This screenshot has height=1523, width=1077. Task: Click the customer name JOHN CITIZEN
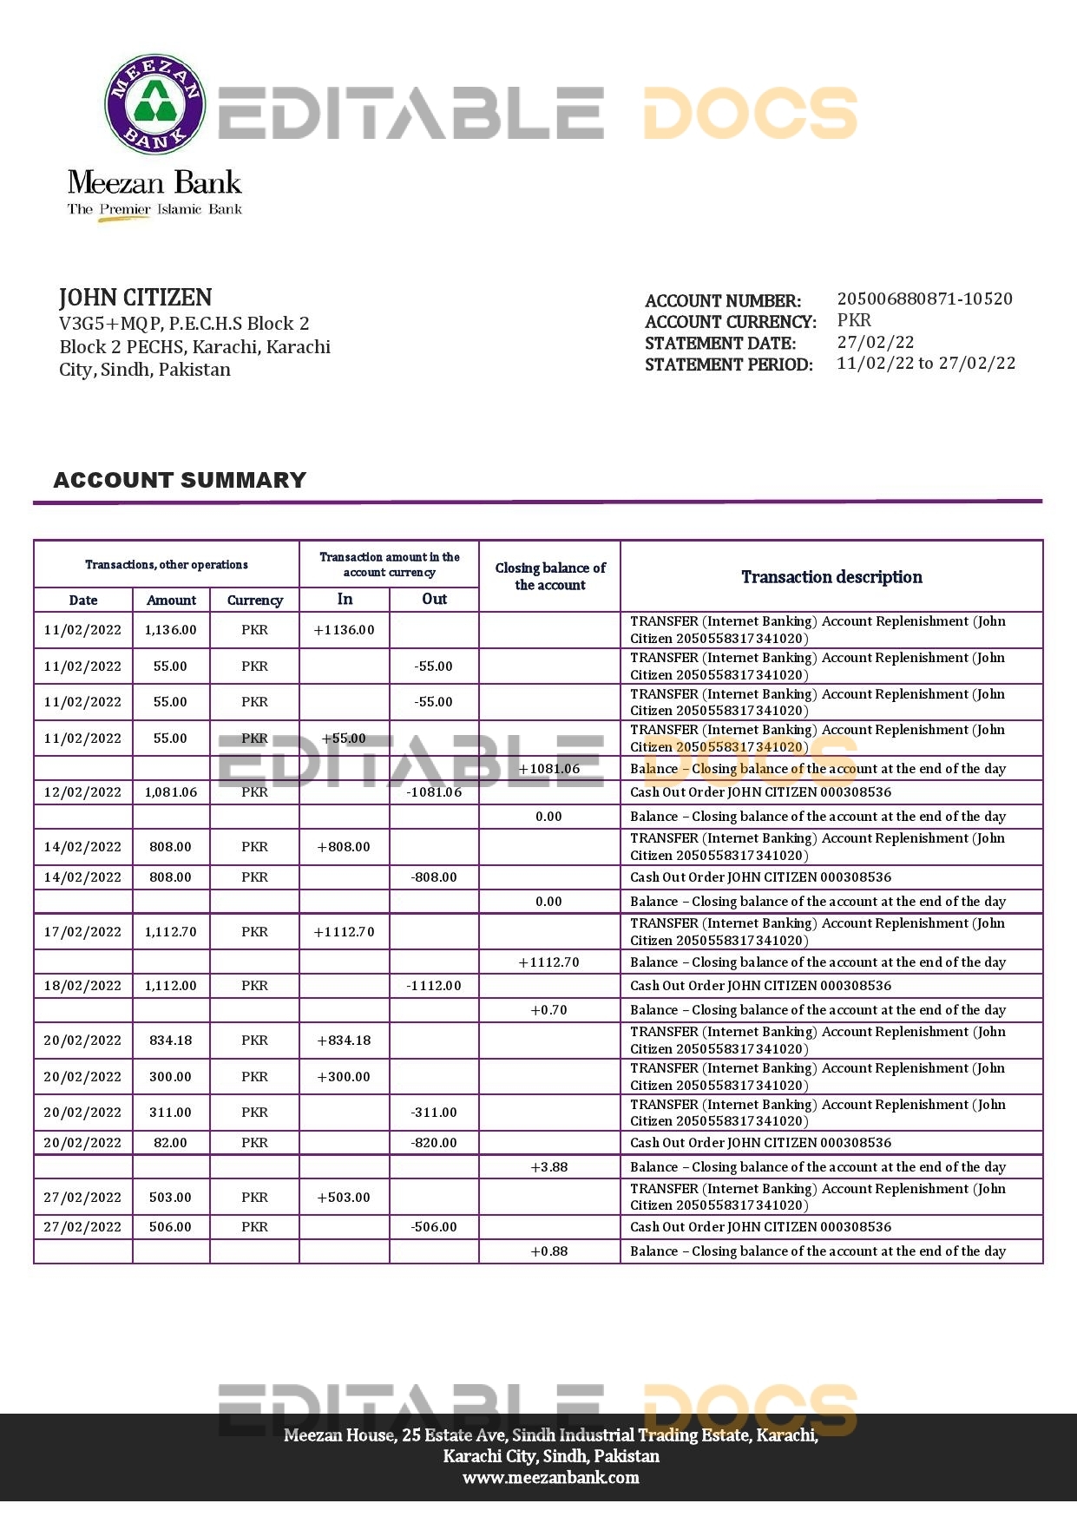(x=135, y=298)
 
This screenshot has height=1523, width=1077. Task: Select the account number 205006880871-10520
(x=924, y=299)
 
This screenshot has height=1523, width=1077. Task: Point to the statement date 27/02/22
(x=875, y=342)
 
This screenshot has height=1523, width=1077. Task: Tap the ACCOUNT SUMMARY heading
(x=180, y=480)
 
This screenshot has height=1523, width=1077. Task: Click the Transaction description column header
(x=831, y=577)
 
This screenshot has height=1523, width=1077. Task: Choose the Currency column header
(x=254, y=600)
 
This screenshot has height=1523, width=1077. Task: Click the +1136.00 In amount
(x=344, y=630)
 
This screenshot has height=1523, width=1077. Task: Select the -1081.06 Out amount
(x=434, y=792)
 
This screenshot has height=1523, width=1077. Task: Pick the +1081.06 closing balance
(x=548, y=769)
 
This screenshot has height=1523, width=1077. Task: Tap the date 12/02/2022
(x=82, y=792)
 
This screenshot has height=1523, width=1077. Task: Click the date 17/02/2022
(x=82, y=932)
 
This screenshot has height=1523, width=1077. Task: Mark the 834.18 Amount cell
(x=170, y=1040)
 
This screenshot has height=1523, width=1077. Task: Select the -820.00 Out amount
(x=434, y=1143)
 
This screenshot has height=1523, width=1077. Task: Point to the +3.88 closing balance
(x=548, y=1167)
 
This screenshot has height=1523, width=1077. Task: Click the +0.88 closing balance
(x=548, y=1251)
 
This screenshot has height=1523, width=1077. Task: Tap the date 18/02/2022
(x=82, y=986)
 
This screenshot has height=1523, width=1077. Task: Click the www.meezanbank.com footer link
(x=550, y=1477)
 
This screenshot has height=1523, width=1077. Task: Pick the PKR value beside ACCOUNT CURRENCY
(x=854, y=320)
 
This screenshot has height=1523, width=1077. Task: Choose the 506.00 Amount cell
(x=170, y=1227)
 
